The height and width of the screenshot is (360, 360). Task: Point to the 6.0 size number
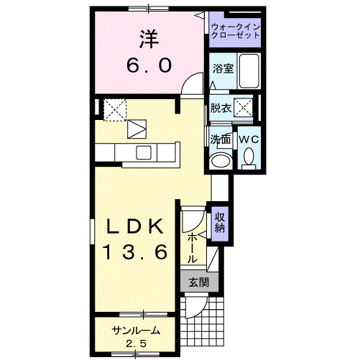(x=148, y=65)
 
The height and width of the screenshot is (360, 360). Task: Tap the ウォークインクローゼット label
(x=236, y=31)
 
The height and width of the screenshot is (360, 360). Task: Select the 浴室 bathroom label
(x=223, y=68)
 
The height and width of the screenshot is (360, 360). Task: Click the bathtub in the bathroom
(x=249, y=70)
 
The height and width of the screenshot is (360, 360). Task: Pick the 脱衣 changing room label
(x=221, y=108)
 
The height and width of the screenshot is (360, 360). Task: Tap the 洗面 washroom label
(x=221, y=138)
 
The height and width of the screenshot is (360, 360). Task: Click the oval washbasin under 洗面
(x=221, y=159)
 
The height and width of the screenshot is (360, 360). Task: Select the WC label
(x=249, y=138)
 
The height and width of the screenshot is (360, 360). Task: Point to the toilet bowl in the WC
(x=249, y=157)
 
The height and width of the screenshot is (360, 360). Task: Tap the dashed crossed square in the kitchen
(x=114, y=109)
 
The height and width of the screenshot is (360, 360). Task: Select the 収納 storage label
(x=220, y=221)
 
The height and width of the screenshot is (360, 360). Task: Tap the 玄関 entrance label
(x=199, y=282)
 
